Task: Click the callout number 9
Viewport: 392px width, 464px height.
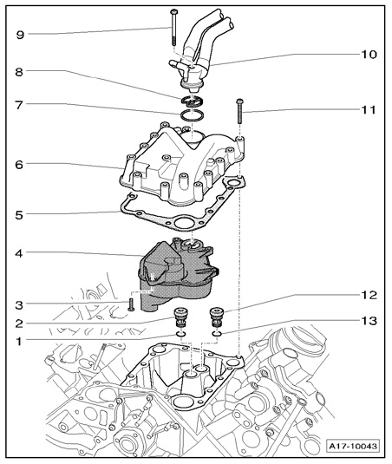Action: pos(20,35)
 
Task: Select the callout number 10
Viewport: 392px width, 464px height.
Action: pos(369,55)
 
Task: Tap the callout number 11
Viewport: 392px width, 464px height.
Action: pos(368,110)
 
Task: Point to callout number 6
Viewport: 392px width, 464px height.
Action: pos(19,165)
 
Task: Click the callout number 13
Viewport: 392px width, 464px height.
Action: pos(369,321)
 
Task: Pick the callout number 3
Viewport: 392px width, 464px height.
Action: pos(19,304)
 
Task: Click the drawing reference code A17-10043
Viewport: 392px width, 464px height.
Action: pos(353,446)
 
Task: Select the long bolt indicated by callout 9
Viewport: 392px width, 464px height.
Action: pos(173,27)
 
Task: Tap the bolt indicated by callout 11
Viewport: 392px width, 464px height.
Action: pos(239,112)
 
